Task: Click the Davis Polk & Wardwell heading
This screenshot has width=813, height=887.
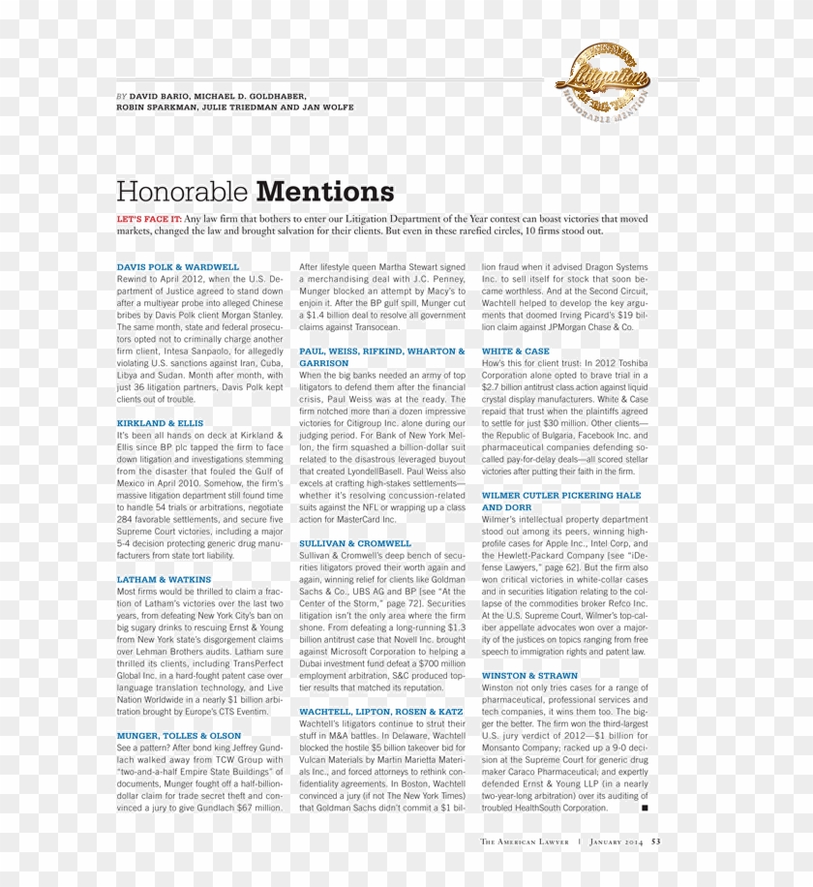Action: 177,266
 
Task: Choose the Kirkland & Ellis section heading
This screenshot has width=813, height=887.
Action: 160,423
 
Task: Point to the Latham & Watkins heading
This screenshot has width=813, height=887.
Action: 164,579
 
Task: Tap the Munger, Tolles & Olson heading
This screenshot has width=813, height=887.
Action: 179,736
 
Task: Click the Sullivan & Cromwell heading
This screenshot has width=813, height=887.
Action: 355,543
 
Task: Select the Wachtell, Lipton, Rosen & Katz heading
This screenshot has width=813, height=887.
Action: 381,712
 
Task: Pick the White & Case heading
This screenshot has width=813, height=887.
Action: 515,351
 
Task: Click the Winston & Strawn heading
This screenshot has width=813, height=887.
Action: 529,676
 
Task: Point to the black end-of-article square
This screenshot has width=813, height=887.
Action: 645,807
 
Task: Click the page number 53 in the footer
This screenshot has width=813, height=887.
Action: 656,841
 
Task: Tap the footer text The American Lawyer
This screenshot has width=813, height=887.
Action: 526,841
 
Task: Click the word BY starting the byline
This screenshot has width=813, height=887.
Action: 121,97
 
